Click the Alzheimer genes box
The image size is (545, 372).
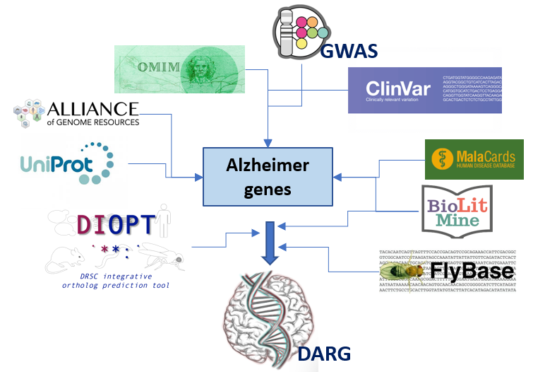click(x=268, y=177)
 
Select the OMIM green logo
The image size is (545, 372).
click(x=179, y=69)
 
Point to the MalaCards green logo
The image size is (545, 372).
click(x=474, y=158)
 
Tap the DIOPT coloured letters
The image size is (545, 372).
click(x=115, y=224)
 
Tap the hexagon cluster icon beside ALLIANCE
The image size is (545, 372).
click(x=27, y=114)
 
